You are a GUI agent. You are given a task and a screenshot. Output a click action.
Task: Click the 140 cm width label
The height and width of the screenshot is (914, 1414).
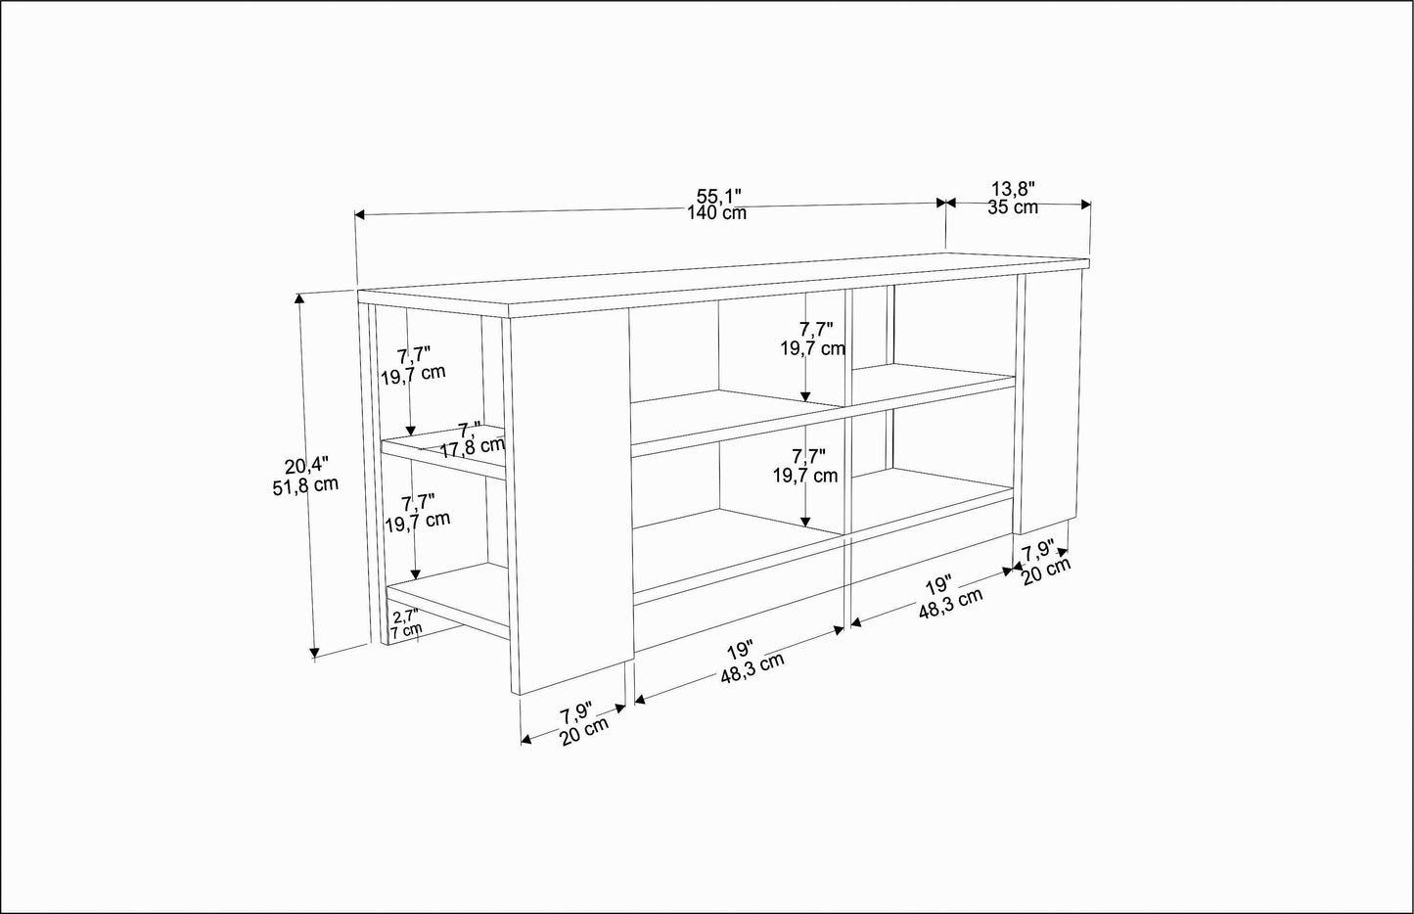[x=717, y=213]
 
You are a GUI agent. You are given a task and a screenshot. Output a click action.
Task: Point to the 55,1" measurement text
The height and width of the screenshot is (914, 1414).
[x=717, y=196]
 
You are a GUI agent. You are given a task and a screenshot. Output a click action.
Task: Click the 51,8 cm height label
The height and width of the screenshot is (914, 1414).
[x=305, y=483]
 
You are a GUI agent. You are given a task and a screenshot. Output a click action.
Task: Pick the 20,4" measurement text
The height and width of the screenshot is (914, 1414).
[x=306, y=465]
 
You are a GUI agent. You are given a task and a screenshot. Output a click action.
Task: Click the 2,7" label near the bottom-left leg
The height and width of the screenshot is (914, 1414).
[x=404, y=617]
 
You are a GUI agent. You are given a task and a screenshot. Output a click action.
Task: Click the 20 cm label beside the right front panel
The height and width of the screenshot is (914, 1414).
[x=1046, y=571]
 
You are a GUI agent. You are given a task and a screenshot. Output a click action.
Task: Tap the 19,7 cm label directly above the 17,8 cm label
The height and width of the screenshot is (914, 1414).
[x=413, y=372]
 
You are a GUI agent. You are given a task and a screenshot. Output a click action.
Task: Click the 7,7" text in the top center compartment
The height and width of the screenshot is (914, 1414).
[x=815, y=330]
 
